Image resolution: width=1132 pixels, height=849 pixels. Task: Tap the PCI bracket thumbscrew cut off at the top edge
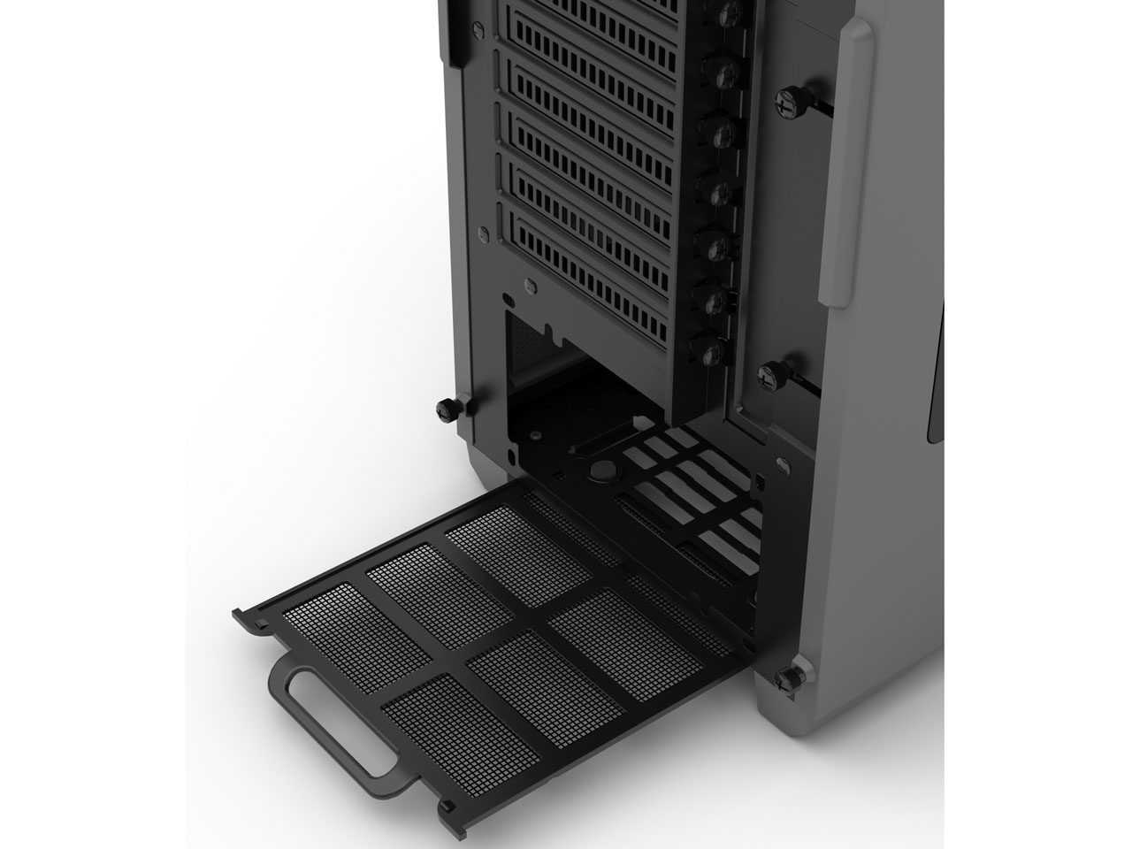point(729,9)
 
